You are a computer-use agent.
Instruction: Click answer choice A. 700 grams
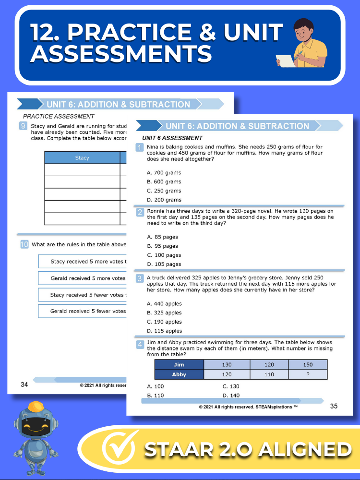(164, 173)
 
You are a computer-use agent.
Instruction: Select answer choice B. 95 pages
(164, 246)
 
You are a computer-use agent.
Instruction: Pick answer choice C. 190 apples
(164, 322)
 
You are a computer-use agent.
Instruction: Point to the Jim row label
(179, 365)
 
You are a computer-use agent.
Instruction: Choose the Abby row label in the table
(179, 374)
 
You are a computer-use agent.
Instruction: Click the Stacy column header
(82, 158)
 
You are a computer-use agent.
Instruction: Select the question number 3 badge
(140, 278)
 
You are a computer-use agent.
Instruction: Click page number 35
(334, 406)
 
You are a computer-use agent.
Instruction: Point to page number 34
(24, 384)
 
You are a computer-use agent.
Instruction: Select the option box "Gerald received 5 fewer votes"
(82, 311)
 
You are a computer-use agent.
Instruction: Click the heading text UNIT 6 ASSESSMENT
(172, 138)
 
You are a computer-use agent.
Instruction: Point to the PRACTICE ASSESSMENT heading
(59, 116)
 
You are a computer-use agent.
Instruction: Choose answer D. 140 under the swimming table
(231, 396)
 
